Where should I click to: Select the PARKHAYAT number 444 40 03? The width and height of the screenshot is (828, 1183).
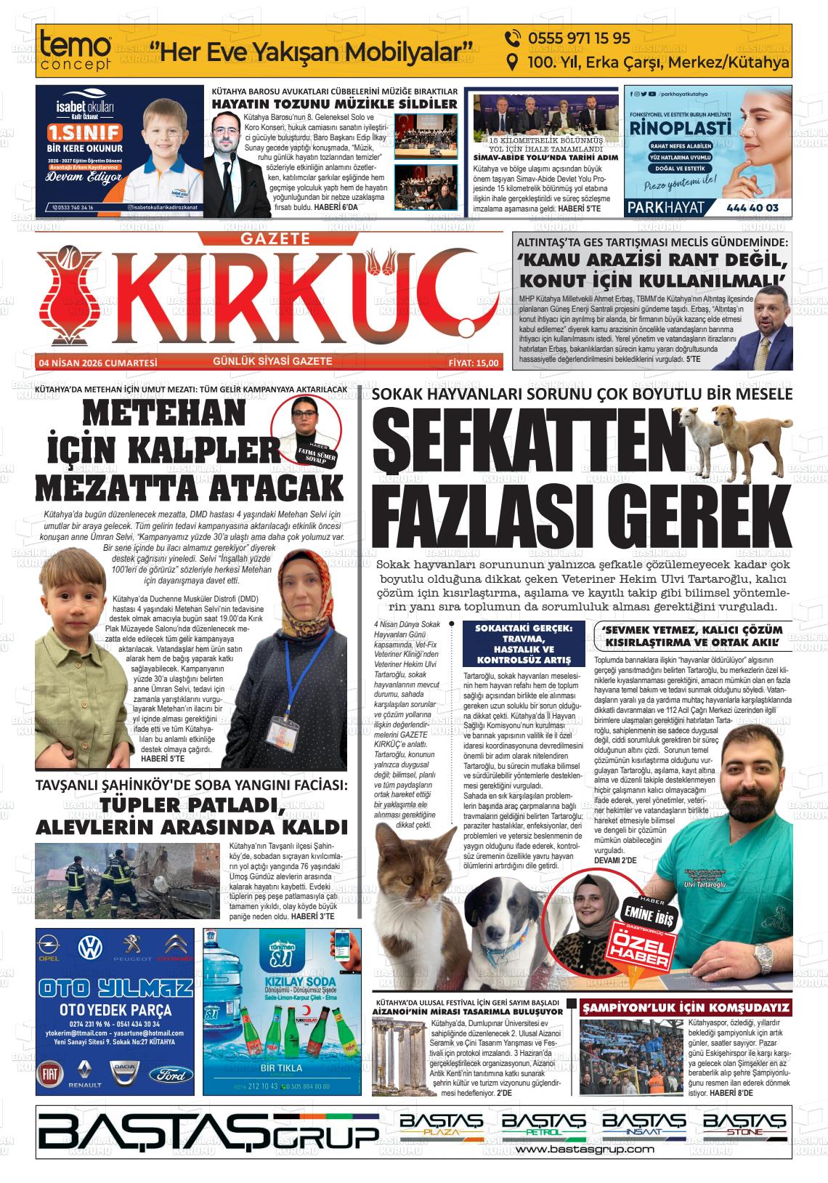(x=752, y=208)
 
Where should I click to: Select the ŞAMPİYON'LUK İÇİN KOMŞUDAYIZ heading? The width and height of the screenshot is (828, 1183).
(x=686, y=1008)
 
